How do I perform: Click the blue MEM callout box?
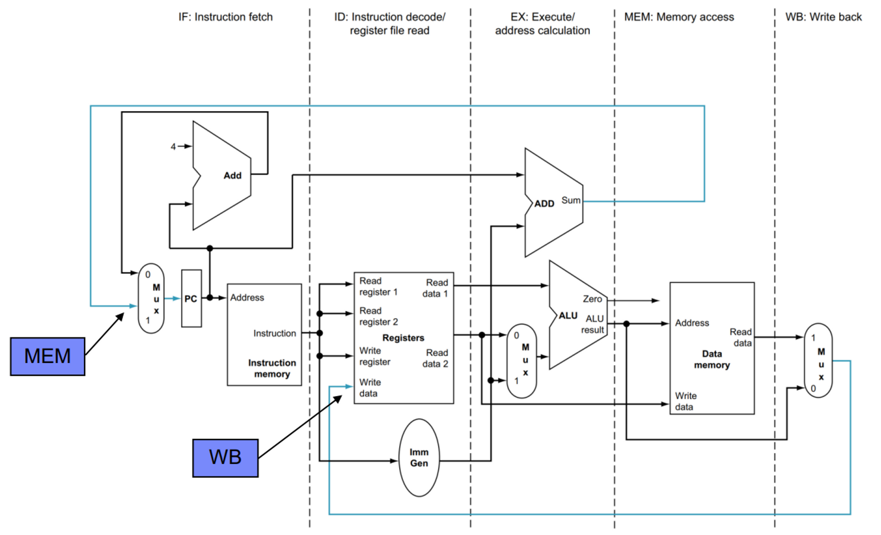48,356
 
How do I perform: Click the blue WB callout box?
225,458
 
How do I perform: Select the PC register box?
191,299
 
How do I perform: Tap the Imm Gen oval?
419,458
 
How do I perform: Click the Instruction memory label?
272,368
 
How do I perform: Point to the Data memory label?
711,359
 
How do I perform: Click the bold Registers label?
403,338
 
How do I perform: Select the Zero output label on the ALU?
592,299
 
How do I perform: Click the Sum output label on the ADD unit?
571,200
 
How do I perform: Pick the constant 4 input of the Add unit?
173,147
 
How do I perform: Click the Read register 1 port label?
378,286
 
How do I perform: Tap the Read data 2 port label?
435,358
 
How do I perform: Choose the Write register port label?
374,356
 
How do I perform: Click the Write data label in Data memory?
685,401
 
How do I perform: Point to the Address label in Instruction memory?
247,298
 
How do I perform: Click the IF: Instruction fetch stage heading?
225,17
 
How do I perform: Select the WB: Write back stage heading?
823,17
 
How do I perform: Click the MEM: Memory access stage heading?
679,17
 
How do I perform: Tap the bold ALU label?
568,316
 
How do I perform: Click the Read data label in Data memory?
740,337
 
